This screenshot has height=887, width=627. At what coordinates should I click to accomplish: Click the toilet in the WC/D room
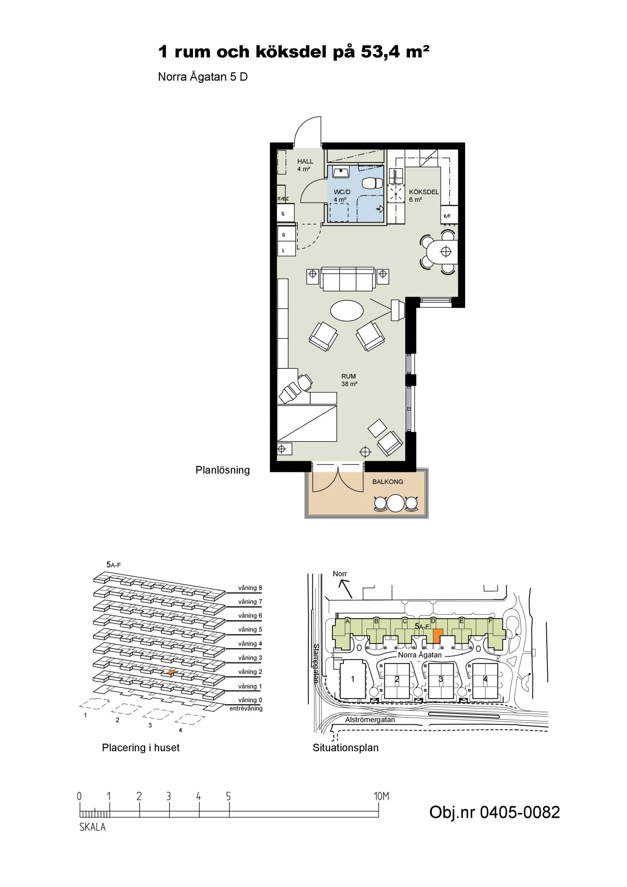(x=372, y=183)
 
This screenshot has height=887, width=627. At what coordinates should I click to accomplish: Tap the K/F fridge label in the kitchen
(x=447, y=216)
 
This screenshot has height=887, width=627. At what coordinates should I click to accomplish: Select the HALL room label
(x=305, y=161)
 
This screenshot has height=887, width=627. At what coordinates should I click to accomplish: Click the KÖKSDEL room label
(x=424, y=192)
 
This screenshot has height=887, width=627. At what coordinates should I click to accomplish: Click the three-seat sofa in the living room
(x=348, y=279)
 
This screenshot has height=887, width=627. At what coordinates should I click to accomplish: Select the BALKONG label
(x=388, y=482)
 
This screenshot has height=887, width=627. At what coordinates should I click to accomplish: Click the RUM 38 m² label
(x=349, y=380)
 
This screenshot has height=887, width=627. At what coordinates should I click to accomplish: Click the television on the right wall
(x=397, y=310)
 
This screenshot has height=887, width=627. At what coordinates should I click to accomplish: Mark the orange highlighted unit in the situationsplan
(x=438, y=635)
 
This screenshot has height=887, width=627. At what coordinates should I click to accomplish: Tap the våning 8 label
(x=250, y=588)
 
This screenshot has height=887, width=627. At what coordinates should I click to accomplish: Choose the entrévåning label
(x=246, y=708)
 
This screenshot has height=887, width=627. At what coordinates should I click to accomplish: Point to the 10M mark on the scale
(x=381, y=796)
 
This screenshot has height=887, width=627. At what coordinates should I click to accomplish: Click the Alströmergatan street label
(x=370, y=720)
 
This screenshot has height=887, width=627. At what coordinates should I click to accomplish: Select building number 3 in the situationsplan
(x=441, y=679)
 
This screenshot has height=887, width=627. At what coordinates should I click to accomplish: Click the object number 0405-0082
(x=494, y=812)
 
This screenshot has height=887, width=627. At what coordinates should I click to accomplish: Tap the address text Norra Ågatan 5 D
(x=203, y=77)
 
